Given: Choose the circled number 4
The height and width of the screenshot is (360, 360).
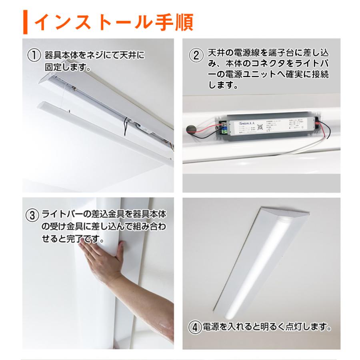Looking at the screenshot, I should tap(194, 328).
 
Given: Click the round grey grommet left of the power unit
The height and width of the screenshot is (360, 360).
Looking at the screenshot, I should tap(190, 129).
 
